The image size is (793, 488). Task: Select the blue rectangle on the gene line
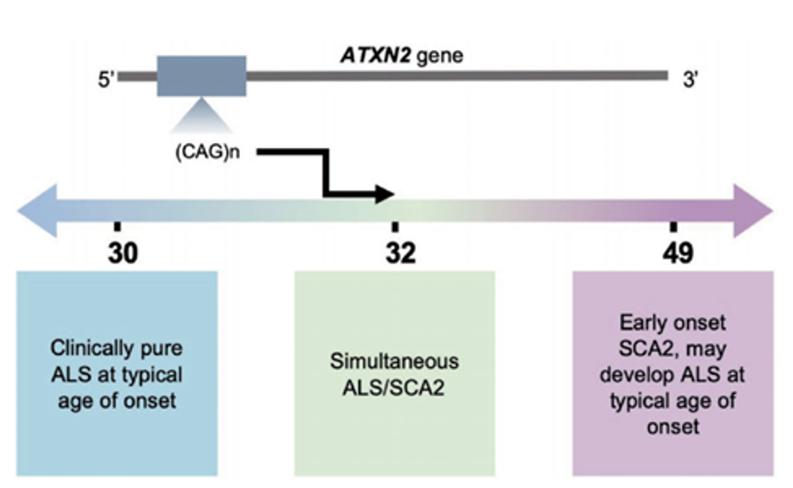click(x=201, y=76)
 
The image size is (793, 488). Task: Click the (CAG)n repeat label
click(x=211, y=153)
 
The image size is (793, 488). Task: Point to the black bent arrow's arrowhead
click(x=386, y=194)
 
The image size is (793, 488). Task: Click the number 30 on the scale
click(x=123, y=253)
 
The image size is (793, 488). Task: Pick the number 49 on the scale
click(x=677, y=253)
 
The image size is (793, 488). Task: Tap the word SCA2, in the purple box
click(x=646, y=349)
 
